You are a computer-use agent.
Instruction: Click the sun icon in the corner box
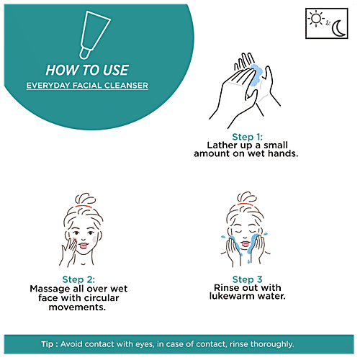pyautogui.click(x=316, y=19)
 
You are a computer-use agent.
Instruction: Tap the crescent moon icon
pyautogui.click(x=338, y=29)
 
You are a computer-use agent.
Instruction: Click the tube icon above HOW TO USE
pyautogui.click(x=94, y=35)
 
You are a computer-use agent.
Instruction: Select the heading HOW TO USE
pyautogui.click(x=87, y=70)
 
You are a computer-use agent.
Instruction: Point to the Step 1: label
pyautogui.click(x=247, y=137)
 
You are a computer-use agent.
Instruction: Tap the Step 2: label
pyautogui.click(x=78, y=279)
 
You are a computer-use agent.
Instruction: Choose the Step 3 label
pyautogui.click(x=247, y=279)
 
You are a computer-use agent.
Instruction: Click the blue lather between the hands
pyautogui.click(x=256, y=75)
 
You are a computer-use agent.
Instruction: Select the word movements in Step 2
pyautogui.click(x=77, y=307)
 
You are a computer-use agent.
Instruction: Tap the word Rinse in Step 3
pyautogui.click(x=225, y=287)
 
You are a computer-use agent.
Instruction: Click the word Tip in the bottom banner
pyautogui.click(x=47, y=344)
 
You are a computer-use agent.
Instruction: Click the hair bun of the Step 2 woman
pyautogui.click(x=85, y=199)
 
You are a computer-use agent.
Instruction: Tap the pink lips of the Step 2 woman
pyautogui.click(x=84, y=246)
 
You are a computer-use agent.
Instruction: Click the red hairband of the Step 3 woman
pyautogui.click(x=245, y=204)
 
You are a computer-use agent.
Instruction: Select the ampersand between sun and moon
pyautogui.click(x=328, y=23)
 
